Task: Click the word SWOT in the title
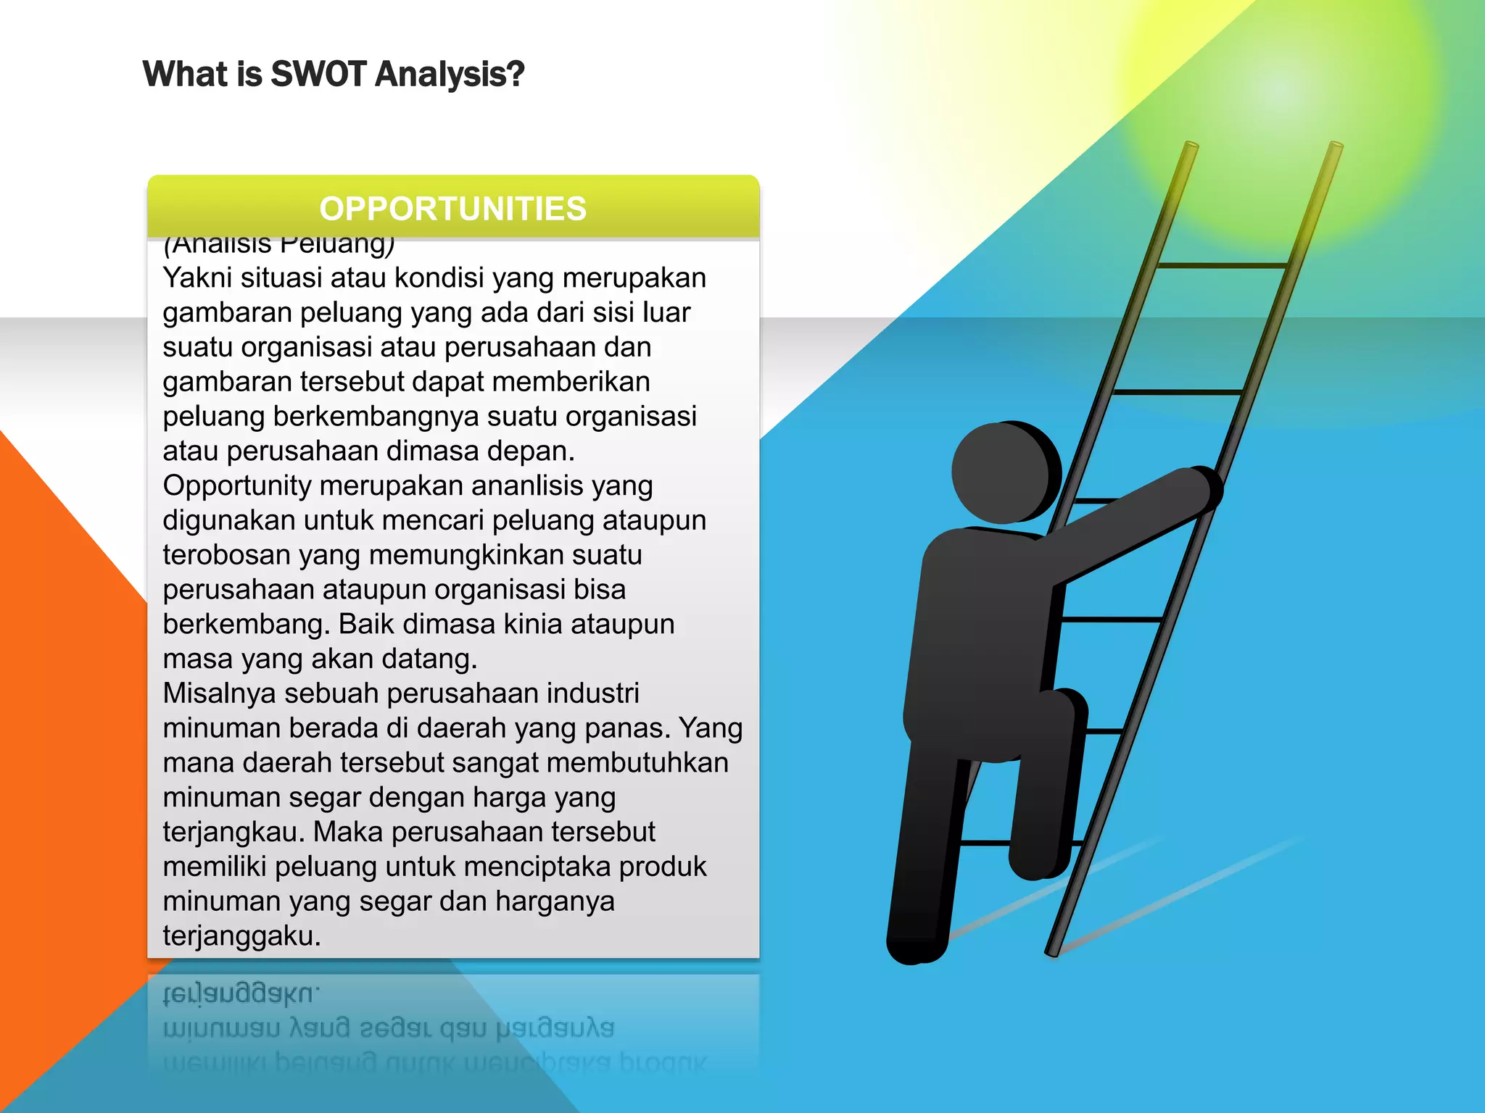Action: pos(319,74)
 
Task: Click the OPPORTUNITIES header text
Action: pos(453,209)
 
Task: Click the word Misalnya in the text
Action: pos(219,693)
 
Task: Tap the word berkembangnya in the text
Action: pos(375,417)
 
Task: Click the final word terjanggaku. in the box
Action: pos(241,936)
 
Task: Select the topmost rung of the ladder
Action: pos(1223,266)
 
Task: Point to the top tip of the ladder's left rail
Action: pos(1191,145)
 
